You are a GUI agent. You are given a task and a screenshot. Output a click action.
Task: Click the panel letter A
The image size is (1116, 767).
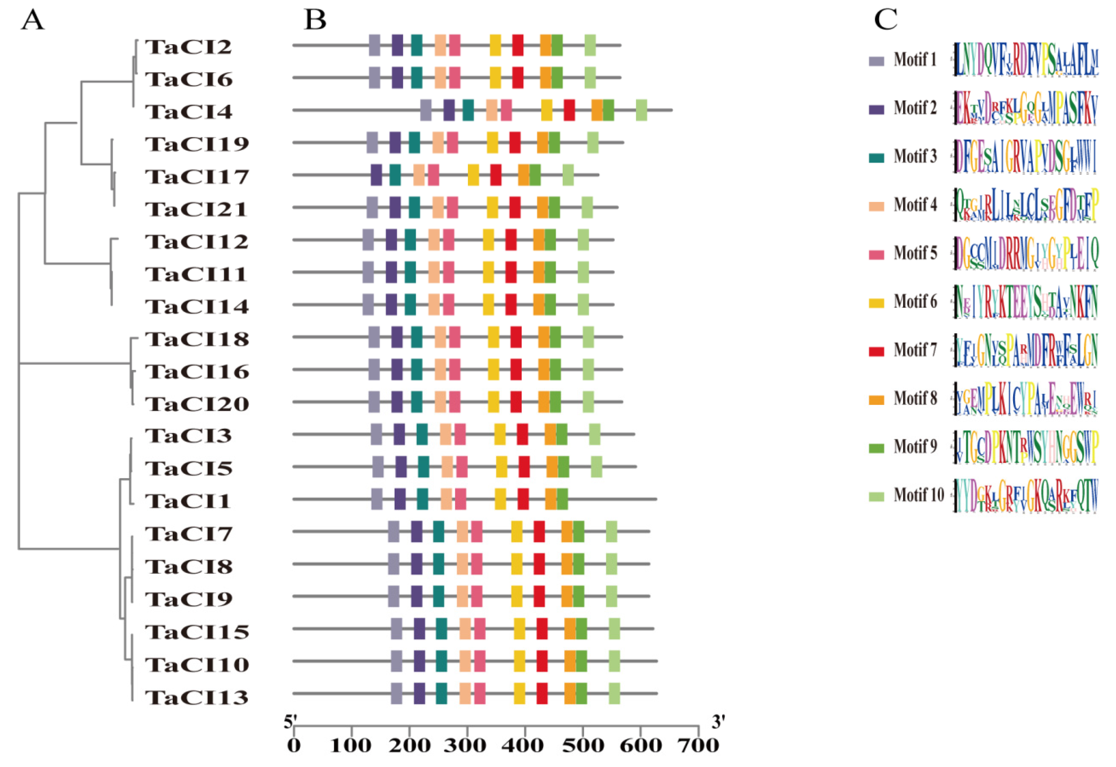[x=32, y=21]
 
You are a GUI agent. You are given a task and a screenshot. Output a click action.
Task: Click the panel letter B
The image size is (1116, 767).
[x=315, y=21]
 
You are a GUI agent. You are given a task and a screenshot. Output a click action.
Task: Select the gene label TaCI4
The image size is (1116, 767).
[x=189, y=112]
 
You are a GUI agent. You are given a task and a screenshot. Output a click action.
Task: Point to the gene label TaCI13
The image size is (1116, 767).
[x=197, y=697]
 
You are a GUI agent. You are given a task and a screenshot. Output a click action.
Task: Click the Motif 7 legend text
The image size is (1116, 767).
[x=915, y=350]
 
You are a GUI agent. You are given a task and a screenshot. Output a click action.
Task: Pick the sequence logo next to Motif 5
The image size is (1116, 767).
[x=1026, y=253]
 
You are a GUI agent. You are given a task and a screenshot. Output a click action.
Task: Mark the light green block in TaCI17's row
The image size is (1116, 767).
[x=568, y=175]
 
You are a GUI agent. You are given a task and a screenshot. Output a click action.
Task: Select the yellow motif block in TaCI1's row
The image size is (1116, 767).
[x=500, y=499]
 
